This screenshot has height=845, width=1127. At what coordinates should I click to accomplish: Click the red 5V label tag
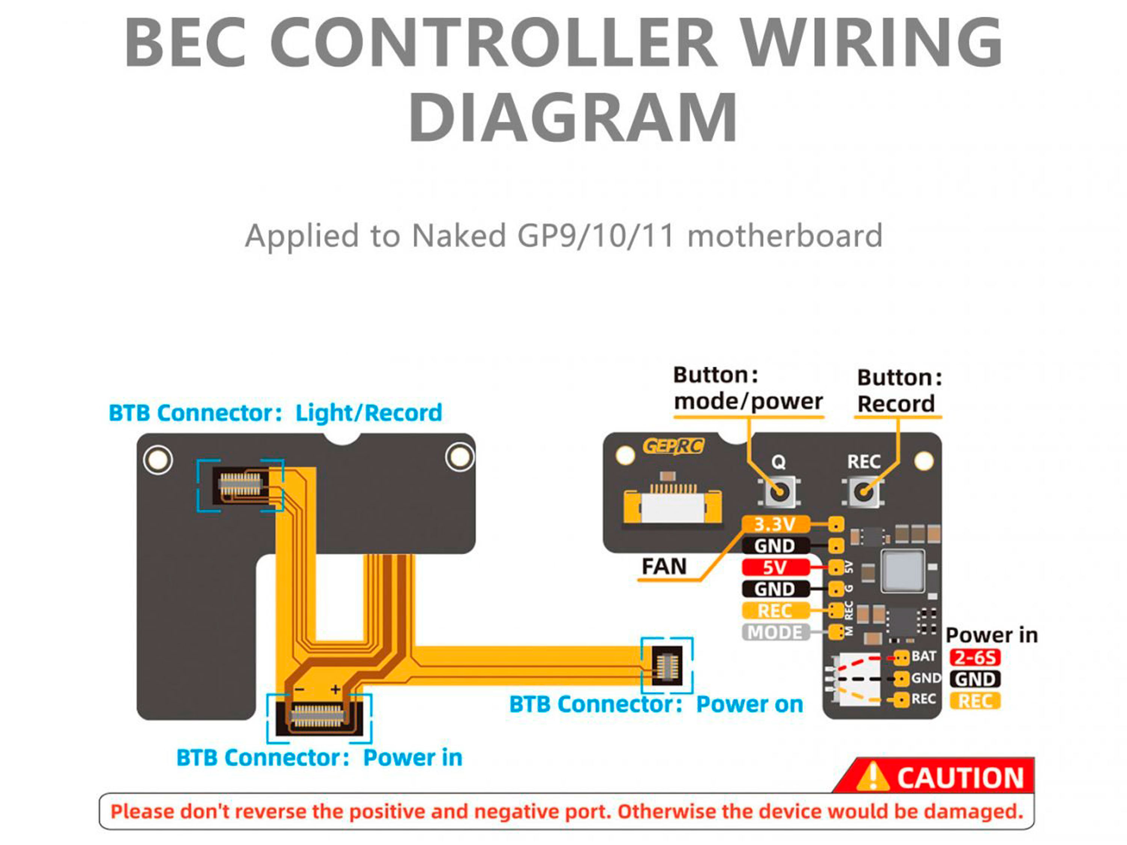point(775,567)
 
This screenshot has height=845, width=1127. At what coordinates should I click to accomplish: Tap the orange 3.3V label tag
point(775,524)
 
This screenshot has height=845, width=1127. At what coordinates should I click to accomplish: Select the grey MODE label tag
point(775,632)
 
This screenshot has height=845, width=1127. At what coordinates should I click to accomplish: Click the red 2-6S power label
point(974,658)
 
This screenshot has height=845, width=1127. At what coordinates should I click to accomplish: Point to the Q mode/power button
point(778,492)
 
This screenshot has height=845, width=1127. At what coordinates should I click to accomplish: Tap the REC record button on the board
point(863,492)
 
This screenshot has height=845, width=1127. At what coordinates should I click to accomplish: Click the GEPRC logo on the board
point(673,447)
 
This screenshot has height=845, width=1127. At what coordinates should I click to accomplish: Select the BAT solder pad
point(901,658)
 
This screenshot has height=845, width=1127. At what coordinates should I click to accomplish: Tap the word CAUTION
point(960,778)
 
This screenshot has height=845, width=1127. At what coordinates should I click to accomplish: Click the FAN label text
point(664,566)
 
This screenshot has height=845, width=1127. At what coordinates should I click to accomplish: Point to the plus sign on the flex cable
point(335,690)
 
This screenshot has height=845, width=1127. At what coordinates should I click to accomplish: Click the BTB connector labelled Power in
point(319,716)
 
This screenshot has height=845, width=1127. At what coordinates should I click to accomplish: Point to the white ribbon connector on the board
point(672,506)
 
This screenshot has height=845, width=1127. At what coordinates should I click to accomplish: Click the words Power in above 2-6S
point(991,635)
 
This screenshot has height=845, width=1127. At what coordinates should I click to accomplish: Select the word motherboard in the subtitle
point(785,236)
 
